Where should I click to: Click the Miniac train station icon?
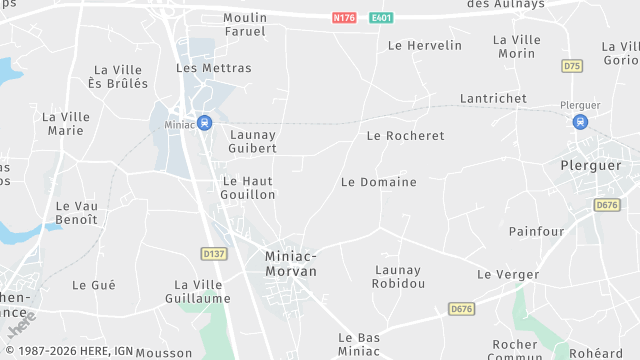tap(204, 123)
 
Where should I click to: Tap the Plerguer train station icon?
tap(580, 122)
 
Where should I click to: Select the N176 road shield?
tap(344, 18)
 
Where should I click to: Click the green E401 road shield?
tap(381, 18)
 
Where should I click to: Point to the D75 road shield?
tap(571, 66)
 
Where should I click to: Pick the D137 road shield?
tap(213, 253)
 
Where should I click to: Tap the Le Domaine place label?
tap(378, 183)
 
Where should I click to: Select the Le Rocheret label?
tap(405, 135)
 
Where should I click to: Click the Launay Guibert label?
tap(253, 141)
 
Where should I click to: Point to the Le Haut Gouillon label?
tap(248, 188)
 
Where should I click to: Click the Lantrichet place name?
tap(493, 98)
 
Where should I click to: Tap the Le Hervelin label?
tap(425, 45)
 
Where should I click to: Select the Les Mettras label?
tap(214, 68)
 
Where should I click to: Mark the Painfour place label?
tap(537, 231)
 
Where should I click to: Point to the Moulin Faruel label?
tap(245, 24)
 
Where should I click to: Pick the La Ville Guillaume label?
tap(199, 291)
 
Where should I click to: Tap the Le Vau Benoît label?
tap(76, 212)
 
